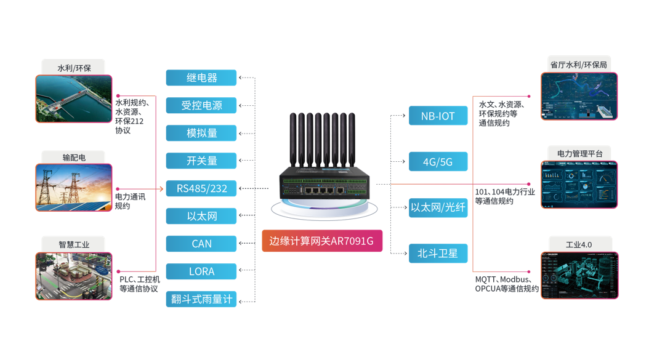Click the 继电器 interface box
(201, 78)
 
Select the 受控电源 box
(201, 106)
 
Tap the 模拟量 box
(201, 133)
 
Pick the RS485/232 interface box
(201, 188)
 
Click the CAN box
(201, 244)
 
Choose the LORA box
(201, 271)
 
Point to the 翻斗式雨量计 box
(201, 299)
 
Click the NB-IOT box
(438, 116)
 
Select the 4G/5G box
(438, 162)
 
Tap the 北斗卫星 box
(438, 253)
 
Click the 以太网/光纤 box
(438, 207)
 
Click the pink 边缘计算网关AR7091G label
(321, 241)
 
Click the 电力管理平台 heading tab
(579, 153)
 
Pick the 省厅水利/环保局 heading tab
(579, 63)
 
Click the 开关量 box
(201, 161)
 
